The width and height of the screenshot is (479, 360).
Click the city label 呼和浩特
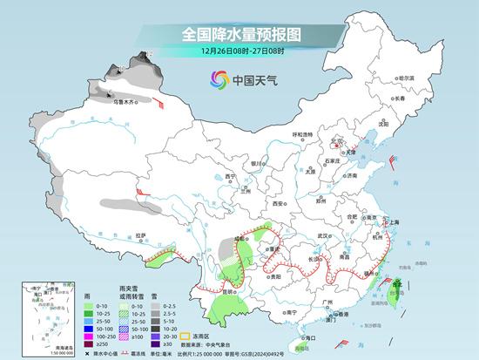click(x=302, y=134)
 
